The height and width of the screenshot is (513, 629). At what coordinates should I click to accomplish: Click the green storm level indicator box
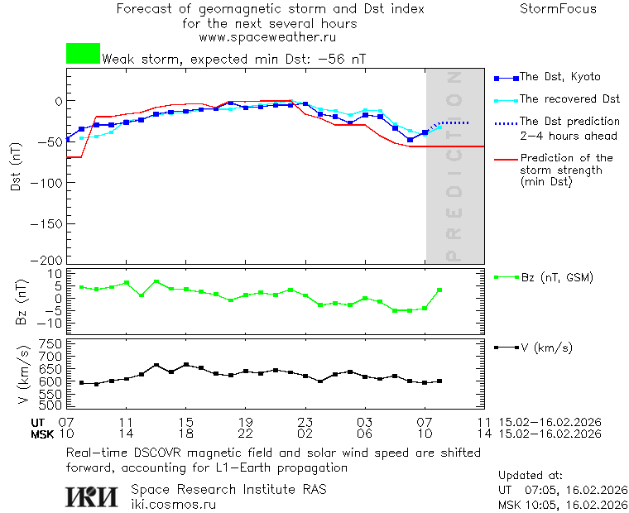point(83,54)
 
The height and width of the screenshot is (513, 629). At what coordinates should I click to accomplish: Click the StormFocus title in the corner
point(558,9)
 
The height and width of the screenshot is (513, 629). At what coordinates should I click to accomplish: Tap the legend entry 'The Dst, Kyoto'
point(559,77)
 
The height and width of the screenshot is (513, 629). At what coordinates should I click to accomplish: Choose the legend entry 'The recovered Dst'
point(569,99)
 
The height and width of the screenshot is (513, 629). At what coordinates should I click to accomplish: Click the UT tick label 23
point(305,422)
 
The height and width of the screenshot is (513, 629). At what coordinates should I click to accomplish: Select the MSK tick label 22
point(245,434)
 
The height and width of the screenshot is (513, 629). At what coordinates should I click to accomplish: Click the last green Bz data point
point(439,290)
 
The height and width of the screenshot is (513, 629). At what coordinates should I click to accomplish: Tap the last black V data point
point(439,381)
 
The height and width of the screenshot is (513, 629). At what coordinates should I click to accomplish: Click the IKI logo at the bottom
point(92,496)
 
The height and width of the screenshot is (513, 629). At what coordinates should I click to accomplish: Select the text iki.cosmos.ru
point(173,504)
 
